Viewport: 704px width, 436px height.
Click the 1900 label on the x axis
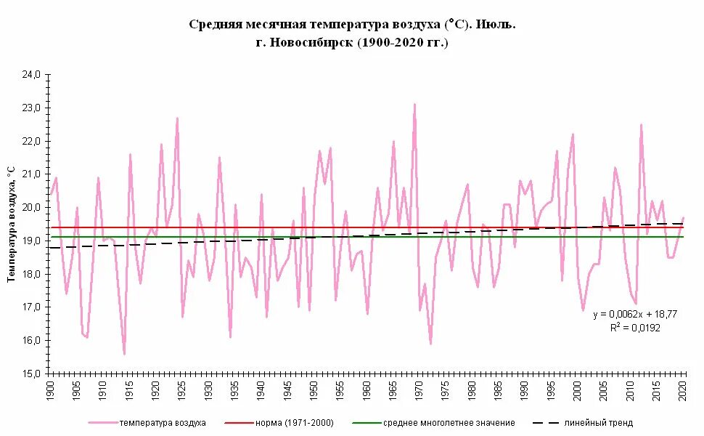[x=51, y=391]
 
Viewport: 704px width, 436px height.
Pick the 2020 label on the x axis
[x=683, y=391]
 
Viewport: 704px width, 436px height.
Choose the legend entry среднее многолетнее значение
[x=449, y=422]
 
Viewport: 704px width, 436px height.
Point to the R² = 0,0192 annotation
[x=634, y=328]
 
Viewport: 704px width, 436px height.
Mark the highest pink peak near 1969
[x=414, y=105]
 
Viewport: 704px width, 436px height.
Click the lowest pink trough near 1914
[x=125, y=353]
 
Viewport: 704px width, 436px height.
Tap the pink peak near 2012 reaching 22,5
[x=641, y=125]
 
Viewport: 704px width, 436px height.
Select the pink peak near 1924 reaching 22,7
[x=177, y=118]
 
